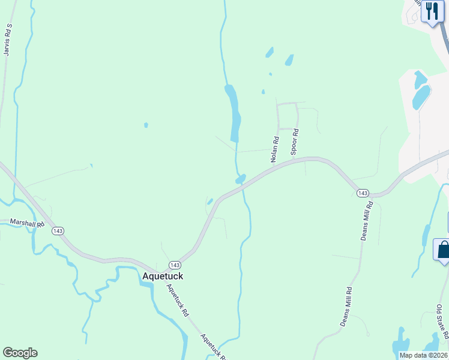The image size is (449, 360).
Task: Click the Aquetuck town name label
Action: point(162,276)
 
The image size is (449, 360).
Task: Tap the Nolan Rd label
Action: point(275,150)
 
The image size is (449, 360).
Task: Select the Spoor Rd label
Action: point(295,142)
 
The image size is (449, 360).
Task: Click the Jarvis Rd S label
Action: point(8,40)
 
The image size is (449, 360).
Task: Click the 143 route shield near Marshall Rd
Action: point(58,231)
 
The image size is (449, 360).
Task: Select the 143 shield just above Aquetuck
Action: point(174,265)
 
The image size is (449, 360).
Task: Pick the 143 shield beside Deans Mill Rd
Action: point(362,193)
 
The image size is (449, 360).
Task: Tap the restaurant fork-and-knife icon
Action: point(432,11)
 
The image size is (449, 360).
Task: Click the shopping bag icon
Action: point(442,249)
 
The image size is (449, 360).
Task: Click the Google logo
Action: point(20,353)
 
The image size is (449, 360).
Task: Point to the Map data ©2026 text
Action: point(423,355)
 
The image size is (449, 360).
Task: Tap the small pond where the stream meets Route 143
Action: point(240,179)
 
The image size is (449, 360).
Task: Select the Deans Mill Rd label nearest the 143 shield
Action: point(367,221)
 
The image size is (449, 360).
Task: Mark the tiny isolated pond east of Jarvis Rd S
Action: point(146,125)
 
